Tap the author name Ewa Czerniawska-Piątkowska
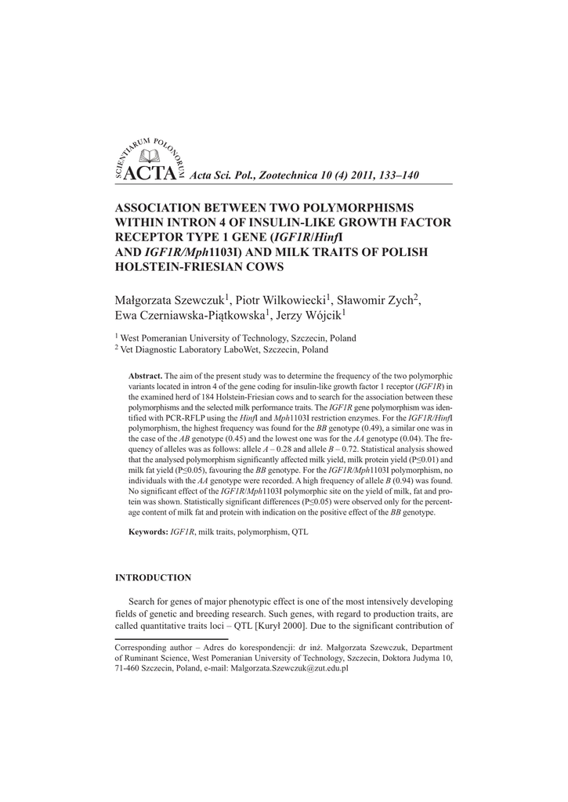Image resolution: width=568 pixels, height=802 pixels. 190,315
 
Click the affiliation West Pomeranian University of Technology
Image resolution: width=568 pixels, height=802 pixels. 205,338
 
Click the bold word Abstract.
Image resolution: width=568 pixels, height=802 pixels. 145,376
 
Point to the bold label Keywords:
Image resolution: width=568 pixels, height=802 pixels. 148,532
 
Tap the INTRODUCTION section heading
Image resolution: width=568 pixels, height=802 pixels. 153,578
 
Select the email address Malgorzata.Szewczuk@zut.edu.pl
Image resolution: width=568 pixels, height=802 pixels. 288,670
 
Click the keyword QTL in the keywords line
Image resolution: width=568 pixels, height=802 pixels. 300,532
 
